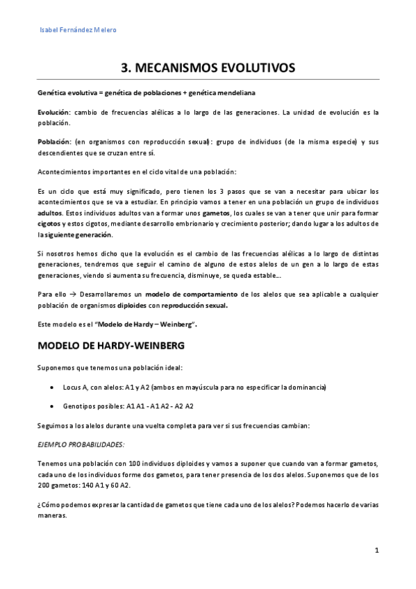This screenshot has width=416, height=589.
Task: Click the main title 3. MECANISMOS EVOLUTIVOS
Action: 208,67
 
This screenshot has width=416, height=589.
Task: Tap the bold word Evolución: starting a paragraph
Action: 54,112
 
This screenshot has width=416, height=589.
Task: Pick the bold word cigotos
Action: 49,224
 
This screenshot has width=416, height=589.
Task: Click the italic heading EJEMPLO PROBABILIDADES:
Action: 81,443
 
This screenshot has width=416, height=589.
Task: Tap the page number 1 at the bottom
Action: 376,551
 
